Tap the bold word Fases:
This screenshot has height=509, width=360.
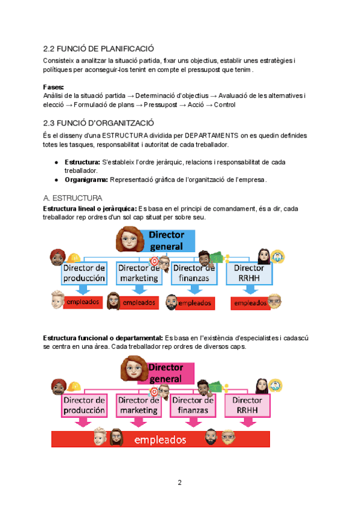54,87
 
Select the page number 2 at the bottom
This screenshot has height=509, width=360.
179,483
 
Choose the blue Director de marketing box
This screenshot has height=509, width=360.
139,273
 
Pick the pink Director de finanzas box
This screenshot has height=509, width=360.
194,406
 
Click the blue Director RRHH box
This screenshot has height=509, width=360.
249,273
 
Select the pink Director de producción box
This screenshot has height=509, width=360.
83,406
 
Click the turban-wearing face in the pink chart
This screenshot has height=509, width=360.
58,387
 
